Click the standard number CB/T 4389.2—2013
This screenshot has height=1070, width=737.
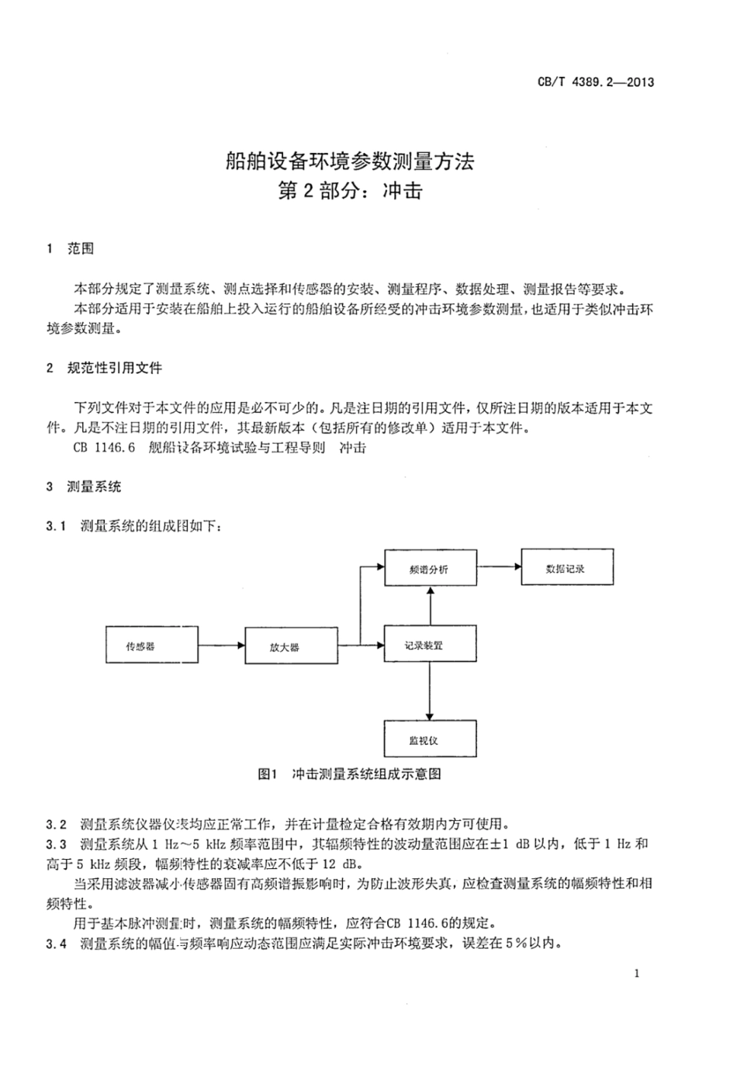coord(596,81)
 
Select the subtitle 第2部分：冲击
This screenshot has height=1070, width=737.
coord(349,191)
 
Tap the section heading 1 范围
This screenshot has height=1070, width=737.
coord(71,249)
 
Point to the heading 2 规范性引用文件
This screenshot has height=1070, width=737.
coord(105,368)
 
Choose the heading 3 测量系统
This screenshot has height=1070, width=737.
coord(85,487)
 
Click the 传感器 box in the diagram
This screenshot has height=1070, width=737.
coord(140,646)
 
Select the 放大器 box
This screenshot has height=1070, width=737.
coord(285,646)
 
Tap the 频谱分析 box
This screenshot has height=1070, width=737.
coord(429,569)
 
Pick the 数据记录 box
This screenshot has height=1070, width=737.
coord(566,568)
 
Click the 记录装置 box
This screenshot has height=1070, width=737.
coord(429,645)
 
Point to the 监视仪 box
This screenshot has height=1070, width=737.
coord(429,739)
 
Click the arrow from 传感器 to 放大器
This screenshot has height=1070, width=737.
coord(222,645)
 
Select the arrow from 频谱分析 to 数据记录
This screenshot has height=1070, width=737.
coord(498,566)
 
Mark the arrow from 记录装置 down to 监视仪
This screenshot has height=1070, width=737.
coord(429,691)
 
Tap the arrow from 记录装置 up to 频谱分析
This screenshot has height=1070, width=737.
coord(429,606)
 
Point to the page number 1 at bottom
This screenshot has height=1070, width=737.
coord(637,973)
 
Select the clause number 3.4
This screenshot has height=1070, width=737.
coord(57,944)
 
